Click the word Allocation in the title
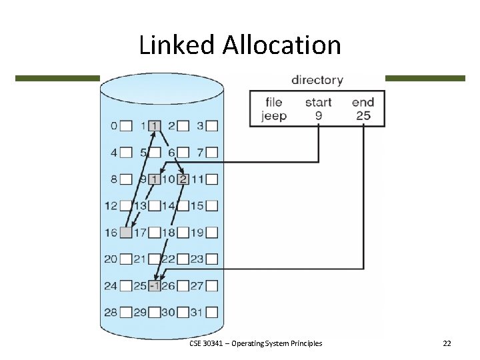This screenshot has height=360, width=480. (282, 45)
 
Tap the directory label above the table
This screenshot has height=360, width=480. (317, 80)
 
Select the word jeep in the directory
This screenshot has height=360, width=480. (273, 116)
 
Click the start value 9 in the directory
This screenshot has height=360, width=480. (319, 116)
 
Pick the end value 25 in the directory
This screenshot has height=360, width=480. (363, 116)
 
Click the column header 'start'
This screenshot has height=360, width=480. (319, 102)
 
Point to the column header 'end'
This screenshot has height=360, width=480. (363, 102)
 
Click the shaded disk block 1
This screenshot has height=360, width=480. (155, 125)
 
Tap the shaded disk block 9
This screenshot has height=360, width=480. (155, 179)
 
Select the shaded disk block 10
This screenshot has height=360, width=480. (183, 179)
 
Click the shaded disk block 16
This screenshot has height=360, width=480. (126, 232)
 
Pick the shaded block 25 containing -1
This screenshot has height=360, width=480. (155, 285)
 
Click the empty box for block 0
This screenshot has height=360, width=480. (126, 125)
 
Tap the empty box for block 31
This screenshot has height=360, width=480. (212, 312)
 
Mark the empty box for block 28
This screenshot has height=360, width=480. (126, 312)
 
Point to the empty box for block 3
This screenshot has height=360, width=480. (212, 125)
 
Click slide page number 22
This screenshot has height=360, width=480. (447, 343)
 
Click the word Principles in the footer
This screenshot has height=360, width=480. (304, 343)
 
